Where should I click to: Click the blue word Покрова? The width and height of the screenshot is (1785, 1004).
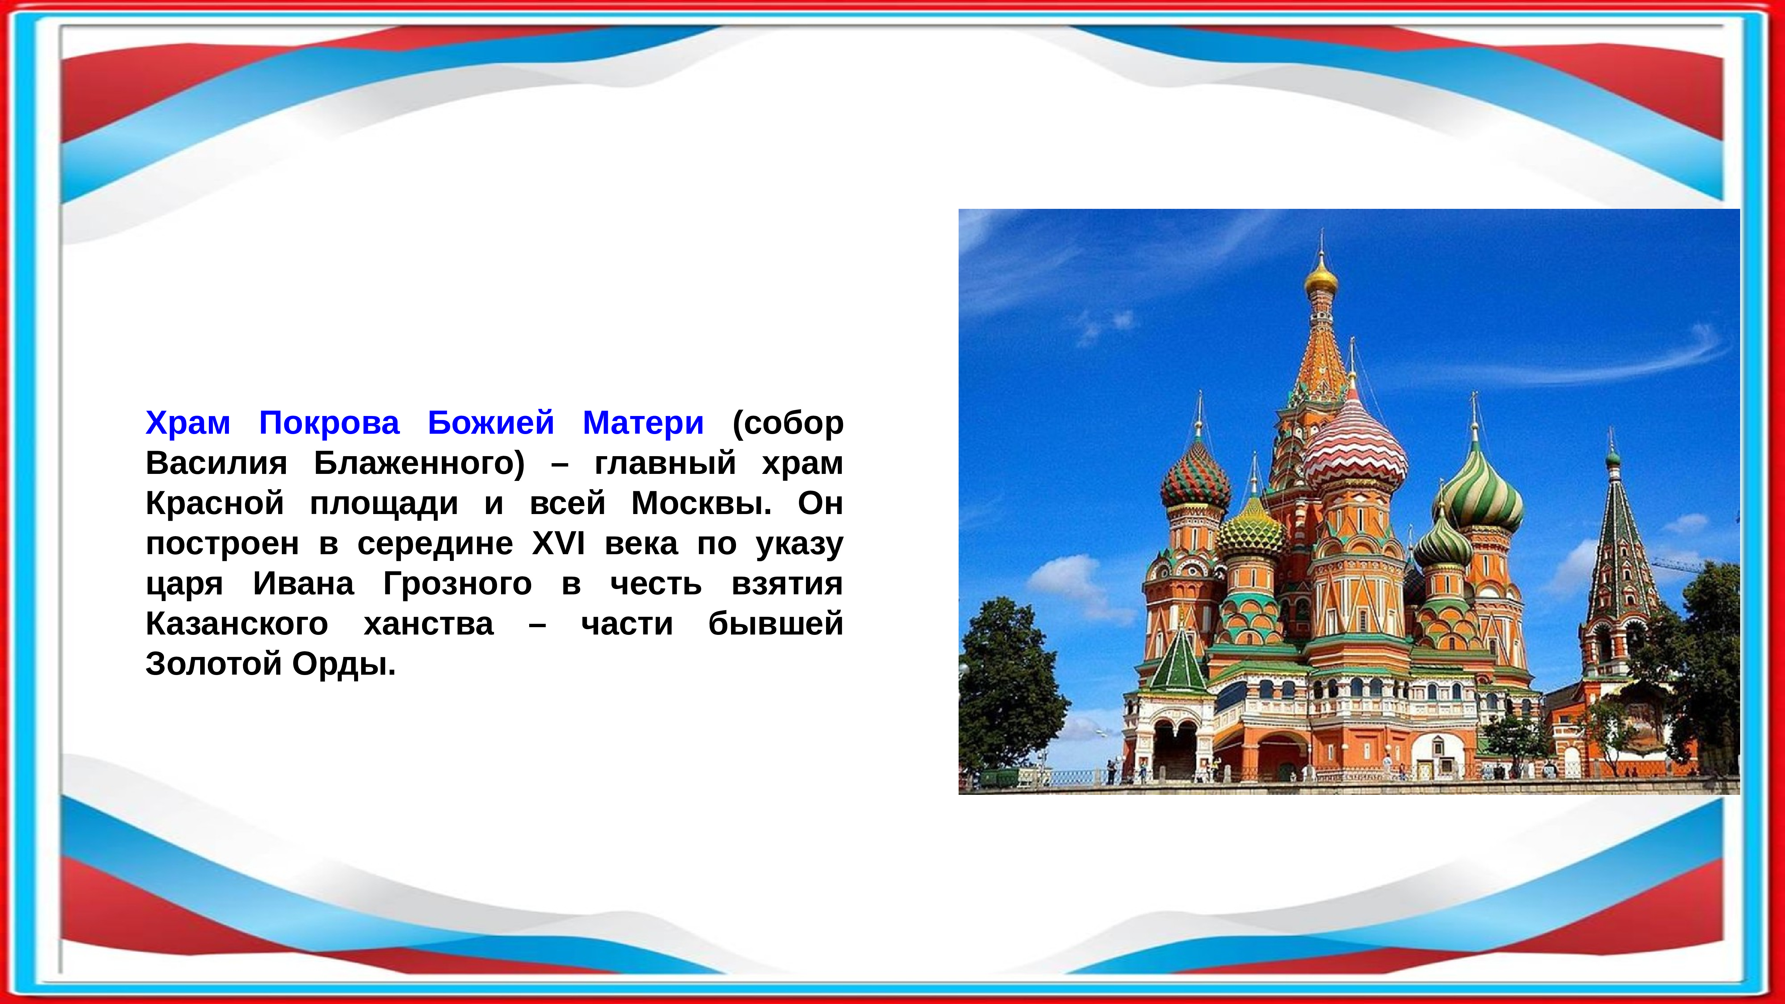[329, 423]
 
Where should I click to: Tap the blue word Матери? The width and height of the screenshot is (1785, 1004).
[643, 423]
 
